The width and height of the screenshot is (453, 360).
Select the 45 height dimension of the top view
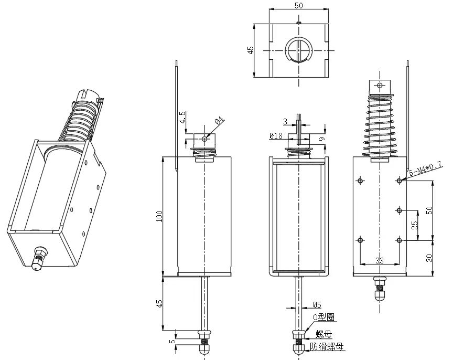click(x=251, y=50)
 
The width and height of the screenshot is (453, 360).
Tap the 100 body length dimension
click(x=159, y=215)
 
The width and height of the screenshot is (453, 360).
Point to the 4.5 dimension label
click(x=182, y=117)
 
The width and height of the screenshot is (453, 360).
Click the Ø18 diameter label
click(x=276, y=135)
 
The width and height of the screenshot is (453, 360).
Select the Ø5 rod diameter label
click(x=317, y=304)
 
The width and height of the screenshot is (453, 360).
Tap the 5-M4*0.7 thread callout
click(x=425, y=170)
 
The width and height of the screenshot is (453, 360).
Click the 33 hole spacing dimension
click(x=380, y=260)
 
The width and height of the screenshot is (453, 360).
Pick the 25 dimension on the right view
click(x=414, y=226)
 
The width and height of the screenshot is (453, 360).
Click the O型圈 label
click(x=323, y=317)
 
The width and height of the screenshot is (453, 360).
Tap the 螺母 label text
click(x=323, y=334)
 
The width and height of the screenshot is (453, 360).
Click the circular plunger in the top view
click(x=299, y=50)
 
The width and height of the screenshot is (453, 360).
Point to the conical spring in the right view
click(x=379, y=123)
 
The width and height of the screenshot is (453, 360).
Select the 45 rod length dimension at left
click(x=159, y=303)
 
